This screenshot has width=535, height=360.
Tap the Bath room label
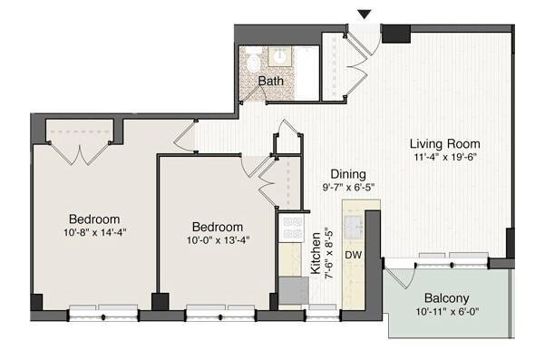tap(270, 82)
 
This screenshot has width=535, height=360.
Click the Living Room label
tap(444, 143)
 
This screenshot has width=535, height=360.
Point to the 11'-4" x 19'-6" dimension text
tap(444, 158)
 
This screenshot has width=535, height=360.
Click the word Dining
tap(347, 174)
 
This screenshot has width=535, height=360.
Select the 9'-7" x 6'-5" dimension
tap(347, 188)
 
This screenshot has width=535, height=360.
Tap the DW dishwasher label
tap(353, 255)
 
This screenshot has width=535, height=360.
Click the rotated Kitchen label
tap(316, 253)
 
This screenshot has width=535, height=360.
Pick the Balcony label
tap(446, 298)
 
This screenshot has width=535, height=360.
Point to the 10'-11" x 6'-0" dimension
tap(446, 313)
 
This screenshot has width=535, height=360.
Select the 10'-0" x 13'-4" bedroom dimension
tap(217, 240)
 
